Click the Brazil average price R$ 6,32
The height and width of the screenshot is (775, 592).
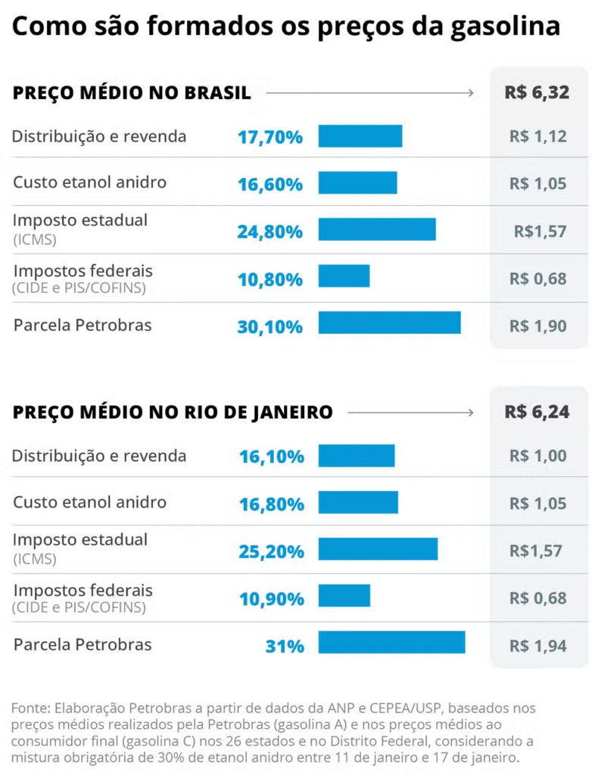tap(537, 93)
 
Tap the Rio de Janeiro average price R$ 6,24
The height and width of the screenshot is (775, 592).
tap(537, 412)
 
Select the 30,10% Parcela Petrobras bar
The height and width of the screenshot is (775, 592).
tap(389, 322)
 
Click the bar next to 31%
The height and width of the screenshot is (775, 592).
tap(391, 643)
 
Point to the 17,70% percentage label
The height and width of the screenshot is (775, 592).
tap(270, 138)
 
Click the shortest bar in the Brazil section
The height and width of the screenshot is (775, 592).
tap(344, 275)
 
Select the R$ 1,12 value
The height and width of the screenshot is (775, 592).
tap(538, 138)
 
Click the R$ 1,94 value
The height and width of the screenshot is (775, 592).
tap(538, 646)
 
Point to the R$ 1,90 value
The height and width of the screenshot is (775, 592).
tap(538, 326)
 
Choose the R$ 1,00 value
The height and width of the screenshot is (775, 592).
tap(538, 456)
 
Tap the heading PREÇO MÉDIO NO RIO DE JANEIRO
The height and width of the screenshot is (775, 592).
tap(173, 412)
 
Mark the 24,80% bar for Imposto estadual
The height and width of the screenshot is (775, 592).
tap(377, 229)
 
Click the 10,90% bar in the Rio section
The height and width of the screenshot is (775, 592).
tap(344, 596)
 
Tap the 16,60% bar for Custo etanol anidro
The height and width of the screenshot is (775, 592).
tap(357, 182)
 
